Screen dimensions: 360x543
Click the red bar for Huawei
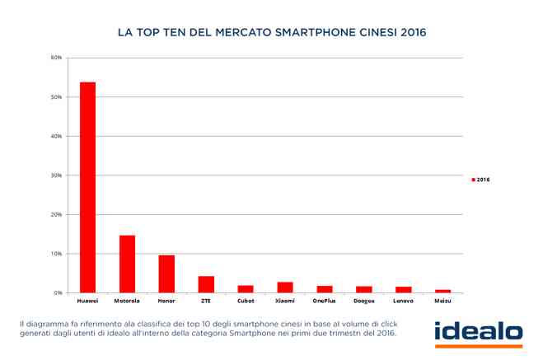[x=87, y=188]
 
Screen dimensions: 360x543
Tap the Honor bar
[x=166, y=274]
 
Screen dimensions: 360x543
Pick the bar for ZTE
[x=206, y=284]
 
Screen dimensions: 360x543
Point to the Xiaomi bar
[x=284, y=288]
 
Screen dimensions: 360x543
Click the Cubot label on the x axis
[x=246, y=302]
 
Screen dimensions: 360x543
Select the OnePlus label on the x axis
[x=325, y=302]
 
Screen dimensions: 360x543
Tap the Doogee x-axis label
[x=363, y=302]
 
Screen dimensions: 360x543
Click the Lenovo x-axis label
[x=403, y=302]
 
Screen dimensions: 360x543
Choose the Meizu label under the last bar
[x=442, y=302]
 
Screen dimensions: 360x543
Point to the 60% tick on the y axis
[x=56, y=58]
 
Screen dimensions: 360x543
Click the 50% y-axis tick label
[x=56, y=97]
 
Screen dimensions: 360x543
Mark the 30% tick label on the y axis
[x=56, y=175]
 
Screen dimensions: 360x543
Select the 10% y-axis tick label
[x=56, y=254]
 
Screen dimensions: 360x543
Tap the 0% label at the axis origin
[x=58, y=292]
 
